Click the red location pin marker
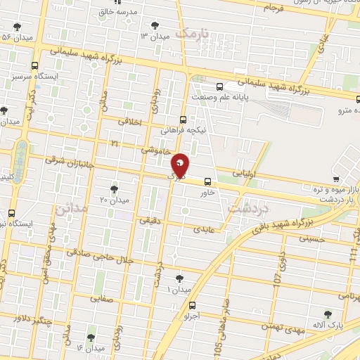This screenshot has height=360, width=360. pyautogui.click(x=181, y=165)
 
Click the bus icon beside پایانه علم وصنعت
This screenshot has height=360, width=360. pyautogui.click(x=220, y=87)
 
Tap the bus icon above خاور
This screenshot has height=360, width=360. pyautogui.click(x=206, y=180)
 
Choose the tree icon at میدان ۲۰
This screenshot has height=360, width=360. pyautogui.click(x=115, y=188)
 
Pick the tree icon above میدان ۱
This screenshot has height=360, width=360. pyautogui.click(x=179, y=278)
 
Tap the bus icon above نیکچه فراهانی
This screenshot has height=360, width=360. pyautogui.click(x=183, y=120)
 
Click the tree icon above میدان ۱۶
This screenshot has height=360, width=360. pyautogui.click(x=89, y=337)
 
